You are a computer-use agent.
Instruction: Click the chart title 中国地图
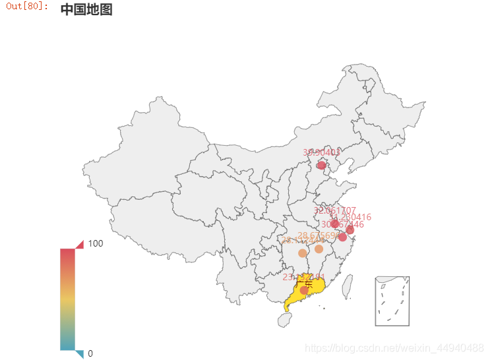[x=86, y=9]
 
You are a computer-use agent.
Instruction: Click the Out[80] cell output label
[x=27, y=7]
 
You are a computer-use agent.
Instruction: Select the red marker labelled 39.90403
[x=321, y=165]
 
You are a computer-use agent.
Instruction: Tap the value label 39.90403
[x=321, y=152]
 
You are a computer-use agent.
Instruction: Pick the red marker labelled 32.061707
[x=335, y=224]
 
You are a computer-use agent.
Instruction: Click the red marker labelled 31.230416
[x=350, y=230]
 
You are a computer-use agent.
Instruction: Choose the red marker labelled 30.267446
[x=342, y=237]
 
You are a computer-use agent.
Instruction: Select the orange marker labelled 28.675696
[x=319, y=249]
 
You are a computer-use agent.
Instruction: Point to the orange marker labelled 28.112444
[x=302, y=253]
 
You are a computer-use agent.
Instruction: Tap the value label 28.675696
[x=319, y=235]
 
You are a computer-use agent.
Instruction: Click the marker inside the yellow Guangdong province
[x=304, y=290]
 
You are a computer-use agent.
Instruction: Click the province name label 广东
[x=305, y=284]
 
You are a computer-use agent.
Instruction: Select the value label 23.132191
[x=304, y=277]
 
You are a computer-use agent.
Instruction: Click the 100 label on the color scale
[x=96, y=243]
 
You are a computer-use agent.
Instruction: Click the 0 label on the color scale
[x=90, y=353]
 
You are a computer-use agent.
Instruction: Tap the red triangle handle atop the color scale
[x=79, y=245]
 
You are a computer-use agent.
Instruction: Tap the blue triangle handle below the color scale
[x=79, y=353]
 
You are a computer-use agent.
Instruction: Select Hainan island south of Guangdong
[x=286, y=320]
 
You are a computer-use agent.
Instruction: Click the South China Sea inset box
[x=392, y=301]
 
